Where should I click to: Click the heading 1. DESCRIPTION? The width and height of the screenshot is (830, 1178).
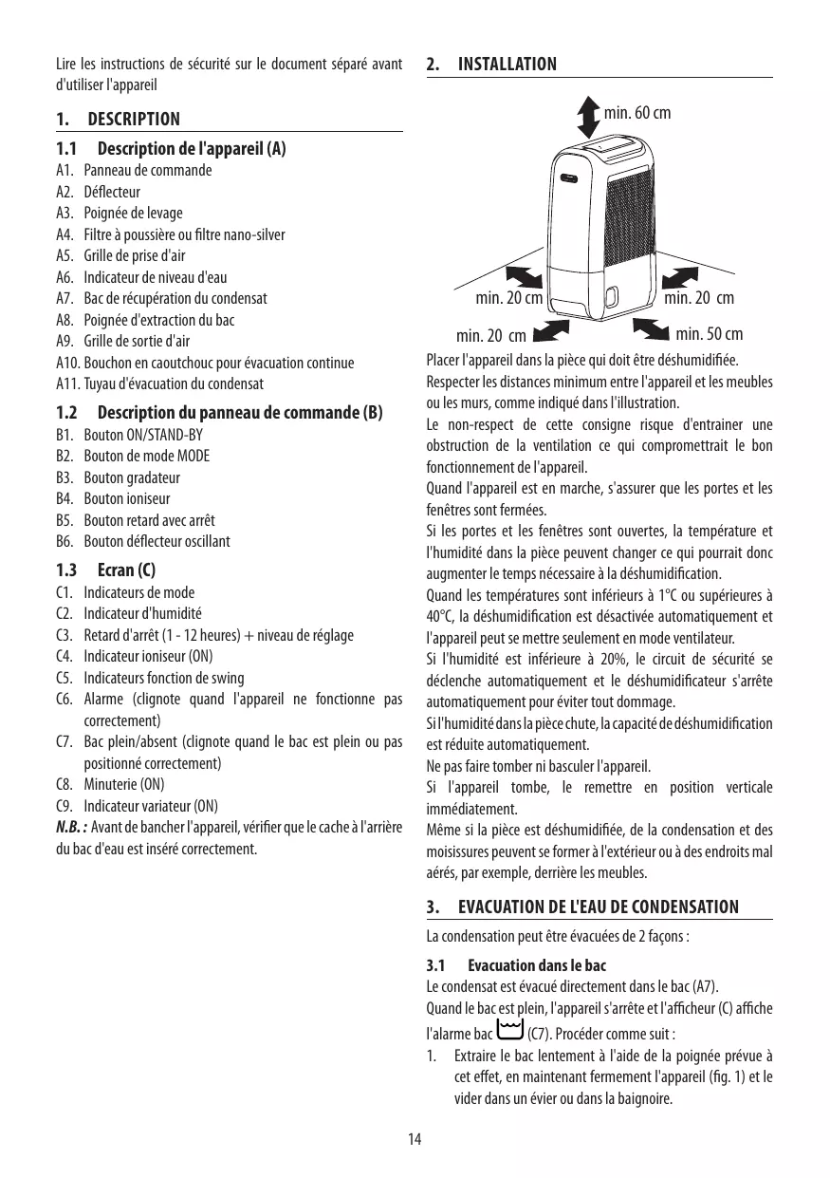point(118,120)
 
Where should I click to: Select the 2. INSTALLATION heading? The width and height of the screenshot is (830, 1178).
point(492,65)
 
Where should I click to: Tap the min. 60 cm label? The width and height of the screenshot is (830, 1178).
point(636,113)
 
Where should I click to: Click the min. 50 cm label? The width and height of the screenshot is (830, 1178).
point(710,334)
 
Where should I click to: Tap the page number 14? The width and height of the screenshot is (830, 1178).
point(415,1139)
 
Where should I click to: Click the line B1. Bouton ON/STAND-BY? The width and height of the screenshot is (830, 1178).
point(129,435)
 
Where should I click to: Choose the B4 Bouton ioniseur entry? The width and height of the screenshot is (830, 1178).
point(113,498)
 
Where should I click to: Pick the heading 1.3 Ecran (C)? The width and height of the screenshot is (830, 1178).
point(105,570)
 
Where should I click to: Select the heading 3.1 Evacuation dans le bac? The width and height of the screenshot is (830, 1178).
point(516,965)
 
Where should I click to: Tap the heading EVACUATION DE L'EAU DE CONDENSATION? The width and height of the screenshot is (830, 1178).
point(598,907)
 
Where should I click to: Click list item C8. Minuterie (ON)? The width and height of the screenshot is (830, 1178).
point(110,785)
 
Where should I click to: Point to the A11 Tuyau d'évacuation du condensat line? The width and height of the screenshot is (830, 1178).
point(159,383)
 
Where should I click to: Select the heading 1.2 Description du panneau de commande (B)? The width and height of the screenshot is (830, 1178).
point(219,414)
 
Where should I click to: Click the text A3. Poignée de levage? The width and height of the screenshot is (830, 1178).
point(120,213)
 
